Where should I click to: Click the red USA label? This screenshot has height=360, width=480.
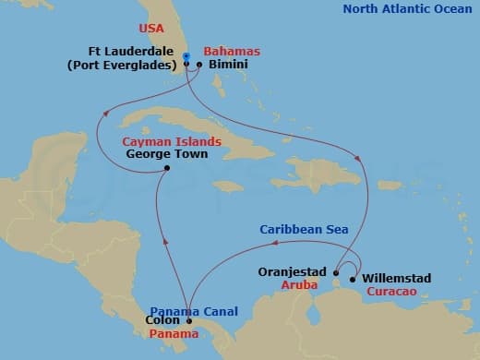[x=151, y=29]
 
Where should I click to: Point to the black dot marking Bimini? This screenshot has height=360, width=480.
[x=199, y=65]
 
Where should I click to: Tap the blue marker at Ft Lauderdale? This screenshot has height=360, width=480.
[x=186, y=56]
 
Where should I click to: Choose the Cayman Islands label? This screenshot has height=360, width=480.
[x=173, y=141]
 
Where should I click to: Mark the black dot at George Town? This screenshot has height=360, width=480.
[x=166, y=168]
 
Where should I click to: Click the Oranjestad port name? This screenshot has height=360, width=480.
[x=297, y=273]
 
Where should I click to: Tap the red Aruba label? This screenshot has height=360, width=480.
[x=300, y=287]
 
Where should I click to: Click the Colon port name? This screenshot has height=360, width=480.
[x=163, y=321]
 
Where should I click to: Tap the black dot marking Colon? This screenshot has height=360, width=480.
[x=189, y=321]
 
